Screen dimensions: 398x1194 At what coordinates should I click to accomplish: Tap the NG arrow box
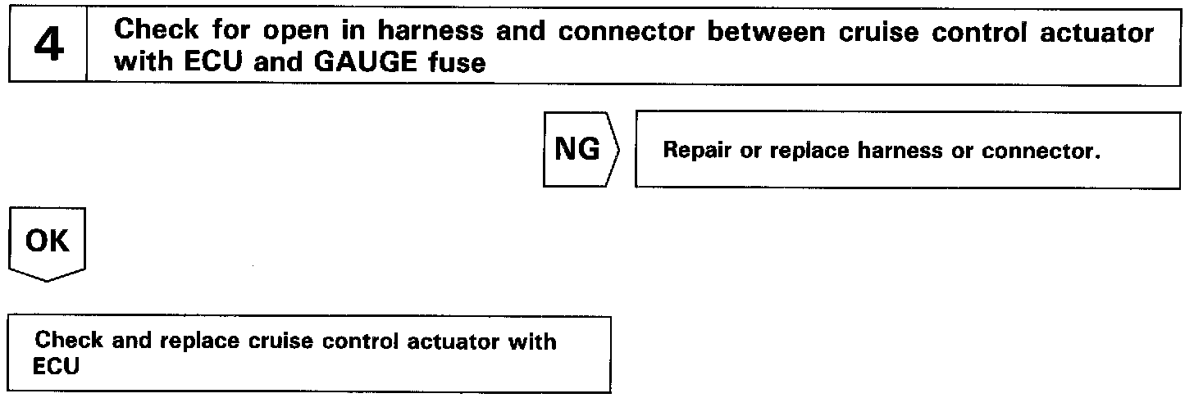[580, 150]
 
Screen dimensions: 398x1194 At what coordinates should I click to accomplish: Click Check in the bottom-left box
[62, 341]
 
